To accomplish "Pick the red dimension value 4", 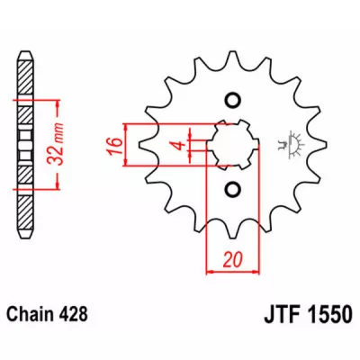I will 179,145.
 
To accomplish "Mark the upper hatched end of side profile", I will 23,72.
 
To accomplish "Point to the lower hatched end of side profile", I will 23,215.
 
